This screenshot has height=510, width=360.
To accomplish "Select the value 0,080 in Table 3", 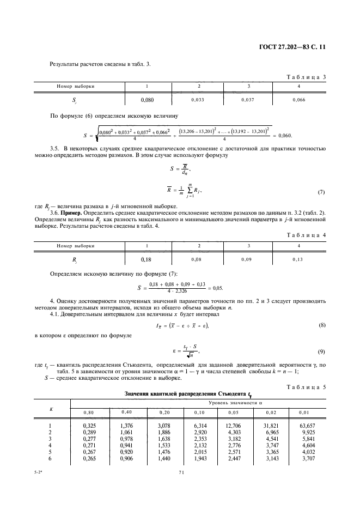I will [147, 100].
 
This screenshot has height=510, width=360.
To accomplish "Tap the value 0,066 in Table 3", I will [299, 100].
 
